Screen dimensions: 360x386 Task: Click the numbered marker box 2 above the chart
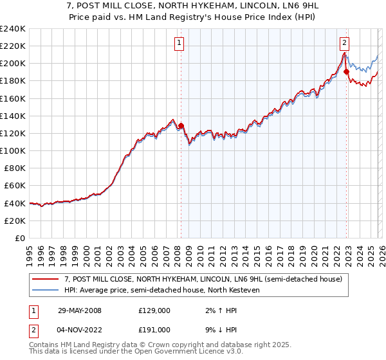tap(345, 43)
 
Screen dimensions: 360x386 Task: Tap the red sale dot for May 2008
tap(181, 125)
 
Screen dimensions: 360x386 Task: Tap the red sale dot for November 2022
tap(346, 71)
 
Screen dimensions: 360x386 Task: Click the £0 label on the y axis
tap(19, 238)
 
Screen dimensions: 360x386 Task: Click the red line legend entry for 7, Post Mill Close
tap(207, 279)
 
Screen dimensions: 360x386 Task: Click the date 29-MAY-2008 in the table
tap(80, 310)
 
